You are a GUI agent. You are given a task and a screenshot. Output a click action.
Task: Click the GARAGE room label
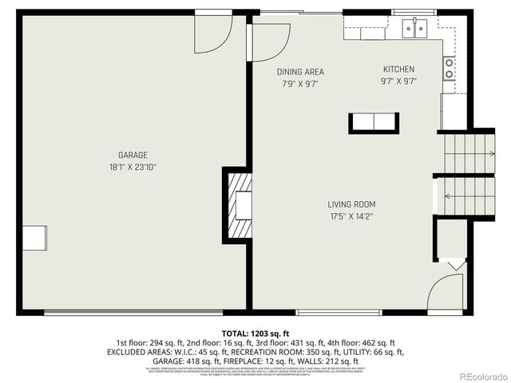tap(133, 155)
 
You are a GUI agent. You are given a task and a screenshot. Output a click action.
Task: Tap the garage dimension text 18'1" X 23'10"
tap(133, 168)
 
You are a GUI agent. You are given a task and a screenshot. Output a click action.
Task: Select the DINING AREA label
tap(300, 72)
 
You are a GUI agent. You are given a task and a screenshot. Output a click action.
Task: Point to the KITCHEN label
tap(398, 69)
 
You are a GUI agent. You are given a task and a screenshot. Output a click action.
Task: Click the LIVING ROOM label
tap(351, 204)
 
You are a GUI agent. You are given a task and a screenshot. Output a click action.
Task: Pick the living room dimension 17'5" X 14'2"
tap(351, 216)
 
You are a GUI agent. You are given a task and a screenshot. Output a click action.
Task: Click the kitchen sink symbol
tap(414, 29)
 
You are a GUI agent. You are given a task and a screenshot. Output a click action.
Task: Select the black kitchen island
tap(373, 122)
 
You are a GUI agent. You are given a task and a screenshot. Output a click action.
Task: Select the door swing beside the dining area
tap(271, 39)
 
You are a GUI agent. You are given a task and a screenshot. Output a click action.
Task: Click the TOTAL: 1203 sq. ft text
tap(255, 333)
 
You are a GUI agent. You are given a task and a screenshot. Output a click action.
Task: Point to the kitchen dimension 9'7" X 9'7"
tap(398, 81)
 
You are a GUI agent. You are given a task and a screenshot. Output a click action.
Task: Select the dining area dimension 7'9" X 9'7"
tap(300, 84)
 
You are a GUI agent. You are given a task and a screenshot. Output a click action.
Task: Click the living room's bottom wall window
tap(322, 312)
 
